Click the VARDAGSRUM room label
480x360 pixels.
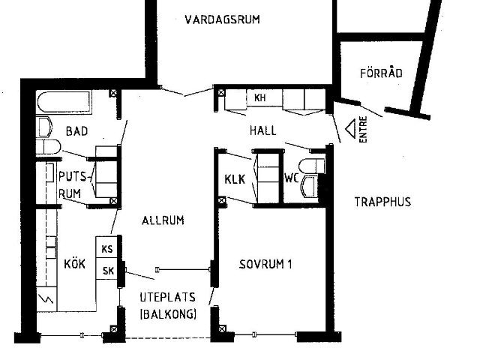(222, 19)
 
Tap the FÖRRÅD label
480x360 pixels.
(381, 73)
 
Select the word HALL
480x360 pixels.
(262, 130)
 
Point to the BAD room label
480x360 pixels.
(76, 131)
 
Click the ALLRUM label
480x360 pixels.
(163, 220)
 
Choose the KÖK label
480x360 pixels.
(75, 264)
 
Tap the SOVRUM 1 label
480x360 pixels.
(265, 264)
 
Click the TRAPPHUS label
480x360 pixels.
(382, 202)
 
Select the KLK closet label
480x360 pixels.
(235, 180)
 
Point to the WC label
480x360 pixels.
(291, 178)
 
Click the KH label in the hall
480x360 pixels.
(259, 98)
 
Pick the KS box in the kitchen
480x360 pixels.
(106, 249)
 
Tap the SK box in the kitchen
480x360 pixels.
(106, 271)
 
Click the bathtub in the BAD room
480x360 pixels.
(63, 100)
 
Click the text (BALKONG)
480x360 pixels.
(167, 315)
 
